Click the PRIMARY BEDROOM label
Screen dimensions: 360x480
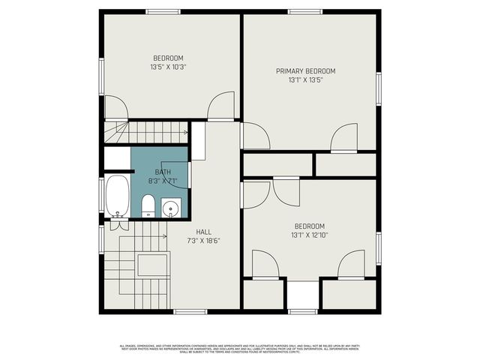(x=305, y=71)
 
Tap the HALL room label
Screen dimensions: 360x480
(x=203, y=232)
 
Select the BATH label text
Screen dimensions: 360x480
(x=163, y=172)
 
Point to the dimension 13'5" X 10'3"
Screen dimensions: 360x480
(x=168, y=67)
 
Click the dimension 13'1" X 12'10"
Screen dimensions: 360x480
(x=309, y=235)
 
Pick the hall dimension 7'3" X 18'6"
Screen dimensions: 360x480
(x=203, y=241)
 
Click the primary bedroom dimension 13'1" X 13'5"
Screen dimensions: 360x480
(x=305, y=80)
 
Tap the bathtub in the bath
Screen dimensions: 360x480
(x=117, y=194)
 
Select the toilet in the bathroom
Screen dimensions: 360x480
(x=148, y=205)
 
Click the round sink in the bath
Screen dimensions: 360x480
(x=171, y=207)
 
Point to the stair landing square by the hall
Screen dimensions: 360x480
(x=152, y=265)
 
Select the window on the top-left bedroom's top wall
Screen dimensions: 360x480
(x=163, y=11)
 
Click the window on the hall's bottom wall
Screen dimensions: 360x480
(x=190, y=311)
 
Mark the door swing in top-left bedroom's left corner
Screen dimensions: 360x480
(x=115, y=108)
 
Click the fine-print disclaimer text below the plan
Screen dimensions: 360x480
(x=239, y=348)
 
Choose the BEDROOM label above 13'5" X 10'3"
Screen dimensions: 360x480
(x=168, y=58)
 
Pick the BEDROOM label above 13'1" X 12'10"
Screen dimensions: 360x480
(x=309, y=226)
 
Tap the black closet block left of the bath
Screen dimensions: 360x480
(x=116, y=158)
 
